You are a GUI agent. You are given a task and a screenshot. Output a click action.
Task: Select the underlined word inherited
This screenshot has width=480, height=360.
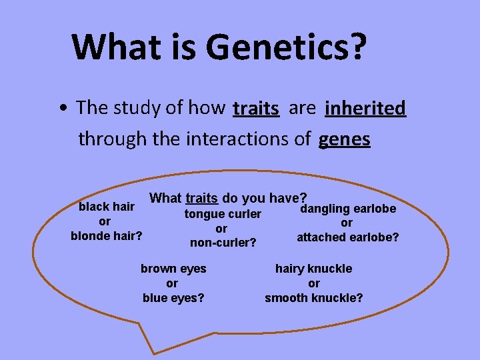point(365,108)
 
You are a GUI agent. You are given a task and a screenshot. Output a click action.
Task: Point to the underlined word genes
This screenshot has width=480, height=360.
point(345,139)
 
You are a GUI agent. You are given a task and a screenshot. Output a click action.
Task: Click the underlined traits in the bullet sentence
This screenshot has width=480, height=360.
point(256,108)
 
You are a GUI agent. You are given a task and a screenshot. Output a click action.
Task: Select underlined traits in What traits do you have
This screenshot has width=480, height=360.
point(201,198)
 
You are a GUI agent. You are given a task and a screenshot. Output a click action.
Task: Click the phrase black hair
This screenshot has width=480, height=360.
point(107,207)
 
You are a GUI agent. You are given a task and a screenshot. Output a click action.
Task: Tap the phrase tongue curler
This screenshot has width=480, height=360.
point(223,214)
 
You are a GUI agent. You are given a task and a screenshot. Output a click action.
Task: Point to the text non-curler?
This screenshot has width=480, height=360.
point(223,243)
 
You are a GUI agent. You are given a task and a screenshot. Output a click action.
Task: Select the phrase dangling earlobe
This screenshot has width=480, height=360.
point(348,209)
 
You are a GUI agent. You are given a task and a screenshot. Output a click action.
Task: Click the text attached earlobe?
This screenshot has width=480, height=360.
point(347,237)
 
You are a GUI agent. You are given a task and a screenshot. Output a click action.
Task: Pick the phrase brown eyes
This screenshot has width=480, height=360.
point(173,269)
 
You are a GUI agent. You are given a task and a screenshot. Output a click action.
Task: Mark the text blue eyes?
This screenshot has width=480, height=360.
point(173,298)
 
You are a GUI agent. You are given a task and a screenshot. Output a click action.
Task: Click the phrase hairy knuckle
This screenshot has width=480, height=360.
point(314,269)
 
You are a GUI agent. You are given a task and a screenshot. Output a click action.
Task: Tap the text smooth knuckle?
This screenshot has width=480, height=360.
point(314,298)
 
